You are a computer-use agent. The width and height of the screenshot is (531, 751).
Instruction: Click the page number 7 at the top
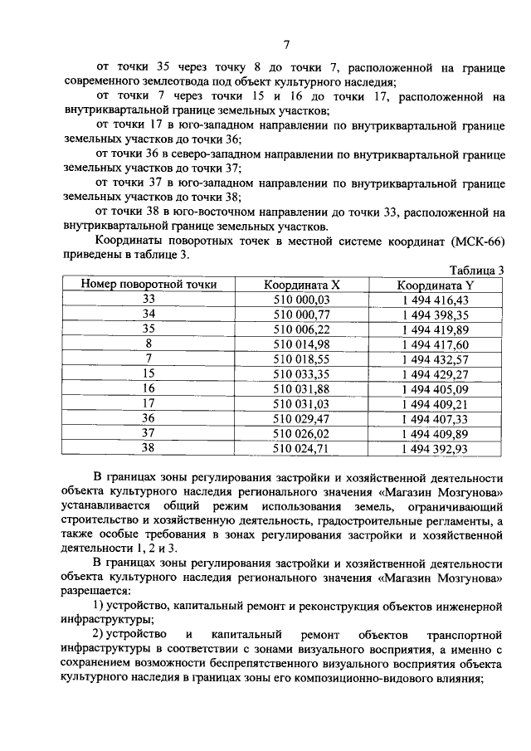(285, 45)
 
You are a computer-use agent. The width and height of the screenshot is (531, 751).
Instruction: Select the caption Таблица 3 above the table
(476, 271)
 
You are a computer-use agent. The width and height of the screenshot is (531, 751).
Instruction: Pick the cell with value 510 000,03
(302, 300)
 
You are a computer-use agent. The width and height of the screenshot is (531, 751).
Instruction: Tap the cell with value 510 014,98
(302, 344)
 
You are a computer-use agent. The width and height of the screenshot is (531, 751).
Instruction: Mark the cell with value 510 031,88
(302, 388)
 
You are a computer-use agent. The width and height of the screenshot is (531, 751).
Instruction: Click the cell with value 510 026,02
(302, 433)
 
